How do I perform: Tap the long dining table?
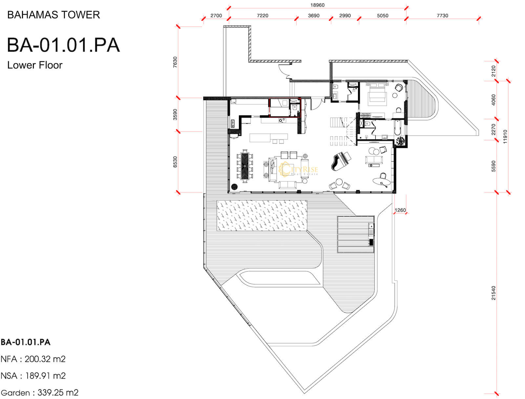pos(245,166)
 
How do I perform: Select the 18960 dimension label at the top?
pos(317,5)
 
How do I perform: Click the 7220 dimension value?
pos(262,15)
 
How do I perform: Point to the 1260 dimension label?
pos(400,210)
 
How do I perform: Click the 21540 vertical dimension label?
pos(493,293)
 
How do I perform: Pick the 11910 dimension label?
pos(505,136)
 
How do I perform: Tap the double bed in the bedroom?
pos(377,94)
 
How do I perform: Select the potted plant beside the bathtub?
pos(400,141)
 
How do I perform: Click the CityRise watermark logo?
pos(298,169)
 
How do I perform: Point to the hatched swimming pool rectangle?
pos(262,216)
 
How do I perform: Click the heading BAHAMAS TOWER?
pos(53,15)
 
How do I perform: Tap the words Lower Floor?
pos(35,65)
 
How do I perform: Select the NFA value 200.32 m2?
pos(45,359)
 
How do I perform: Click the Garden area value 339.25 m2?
pos(58,392)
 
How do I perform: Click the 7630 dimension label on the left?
pos(175,62)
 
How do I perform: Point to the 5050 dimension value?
pos(383,15)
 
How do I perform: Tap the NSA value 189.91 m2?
pos(45,376)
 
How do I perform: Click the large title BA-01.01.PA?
pos(63,45)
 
